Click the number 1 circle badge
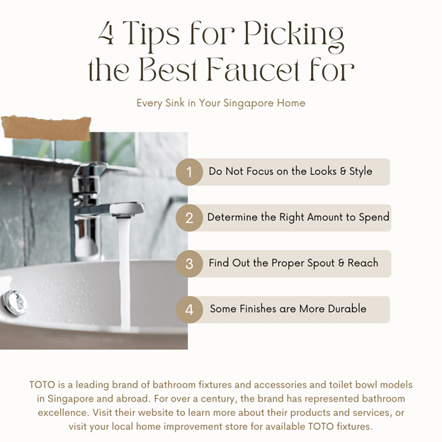point(189,172)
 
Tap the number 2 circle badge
point(189,218)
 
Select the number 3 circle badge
point(189,263)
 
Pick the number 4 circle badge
point(189,310)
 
